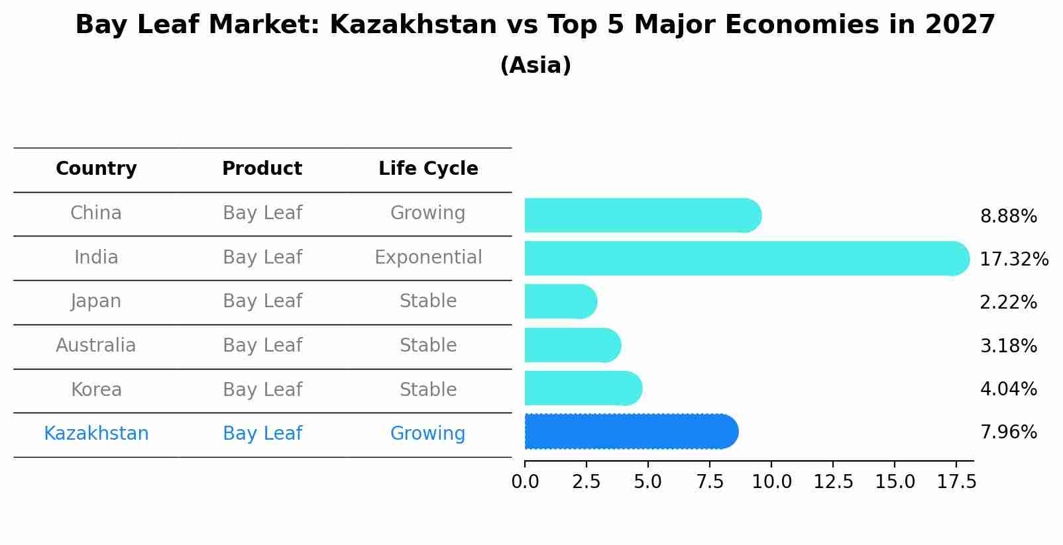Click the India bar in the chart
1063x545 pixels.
click(x=746, y=258)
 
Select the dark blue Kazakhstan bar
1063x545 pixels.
click(x=630, y=432)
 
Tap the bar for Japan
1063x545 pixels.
click(x=560, y=302)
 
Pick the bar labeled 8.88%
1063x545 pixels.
click(x=642, y=216)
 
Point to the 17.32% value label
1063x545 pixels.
click(x=1013, y=260)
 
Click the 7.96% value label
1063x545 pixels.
click(x=1008, y=432)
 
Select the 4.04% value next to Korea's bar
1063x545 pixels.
click(x=1008, y=389)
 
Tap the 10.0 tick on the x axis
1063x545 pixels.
click(x=771, y=482)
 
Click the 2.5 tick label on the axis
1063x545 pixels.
click(x=586, y=482)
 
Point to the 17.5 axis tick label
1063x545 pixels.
click(x=956, y=482)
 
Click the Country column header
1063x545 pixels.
click(x=96, y=169)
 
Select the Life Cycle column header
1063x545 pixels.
click(x=428, y=169)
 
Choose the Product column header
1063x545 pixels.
click(x=262, y=169)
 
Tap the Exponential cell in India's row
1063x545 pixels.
click(x=428, y=258)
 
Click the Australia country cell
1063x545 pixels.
click(x=96, y=346)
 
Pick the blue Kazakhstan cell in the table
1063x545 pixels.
click(x=96, y=434)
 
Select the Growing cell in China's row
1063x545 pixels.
click(x=427, y=213)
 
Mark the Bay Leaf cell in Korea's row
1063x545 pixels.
click(x=262, y=390)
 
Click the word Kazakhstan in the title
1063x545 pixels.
click(x=413, y=26)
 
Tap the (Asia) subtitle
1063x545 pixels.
click(x=535, y=66)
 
